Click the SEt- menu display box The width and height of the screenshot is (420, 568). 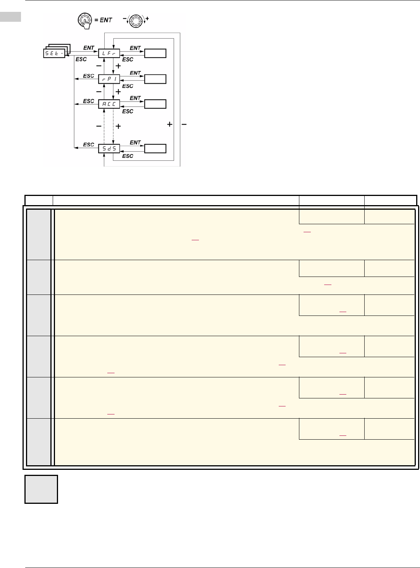point(54,53)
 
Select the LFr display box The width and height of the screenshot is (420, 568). point(109,53)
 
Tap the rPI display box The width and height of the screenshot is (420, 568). point(109,79)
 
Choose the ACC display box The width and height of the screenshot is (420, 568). point(109,104)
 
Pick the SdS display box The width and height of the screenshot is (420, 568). point(109,148)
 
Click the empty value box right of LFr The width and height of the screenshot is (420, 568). point(155,53)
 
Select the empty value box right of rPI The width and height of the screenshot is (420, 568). point(155,79)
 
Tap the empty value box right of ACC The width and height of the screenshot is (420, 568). point(155,104)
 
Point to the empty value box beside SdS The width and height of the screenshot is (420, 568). point(155,148)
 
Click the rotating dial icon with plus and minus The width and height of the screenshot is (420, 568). point(136,20)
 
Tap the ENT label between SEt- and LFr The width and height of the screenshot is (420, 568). point(89,48)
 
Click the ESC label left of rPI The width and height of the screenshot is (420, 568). point(89,76)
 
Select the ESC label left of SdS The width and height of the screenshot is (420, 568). point(89,144)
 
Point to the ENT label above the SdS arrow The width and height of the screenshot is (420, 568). point(135,142)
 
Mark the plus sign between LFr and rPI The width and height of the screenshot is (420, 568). point(118,66)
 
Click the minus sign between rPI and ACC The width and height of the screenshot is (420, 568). point(99,92)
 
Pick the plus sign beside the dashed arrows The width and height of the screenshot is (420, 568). point(118,126)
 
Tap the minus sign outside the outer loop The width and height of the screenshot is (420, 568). point(184,124)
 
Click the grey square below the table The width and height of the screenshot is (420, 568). point(41,489)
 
